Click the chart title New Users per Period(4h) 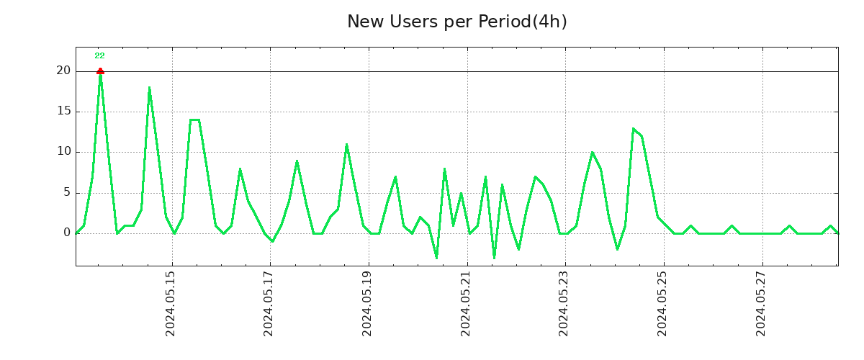click(456, 22)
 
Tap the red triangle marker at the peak click(100, 71)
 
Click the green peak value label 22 click(99, 56)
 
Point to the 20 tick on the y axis click(64, 71)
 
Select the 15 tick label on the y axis click(64, 112)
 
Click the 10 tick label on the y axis click(64, 152)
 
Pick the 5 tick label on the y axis click(67, 192)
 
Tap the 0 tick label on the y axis click(67, 233)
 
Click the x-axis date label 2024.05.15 click(171, 303)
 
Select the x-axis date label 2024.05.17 click(269, 303)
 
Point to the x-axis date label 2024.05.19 click(367, 303)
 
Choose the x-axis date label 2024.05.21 click(466, 303)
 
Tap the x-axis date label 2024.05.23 click(564, 303)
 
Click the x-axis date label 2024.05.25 click(662, 303)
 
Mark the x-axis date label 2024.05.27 click(760, 303)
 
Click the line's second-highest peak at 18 click(149, 88)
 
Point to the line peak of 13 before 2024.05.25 click(633, 128)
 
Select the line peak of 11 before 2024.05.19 click(346, 144)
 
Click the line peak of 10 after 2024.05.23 click(592, 153)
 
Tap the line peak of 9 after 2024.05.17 click(297, 161)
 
